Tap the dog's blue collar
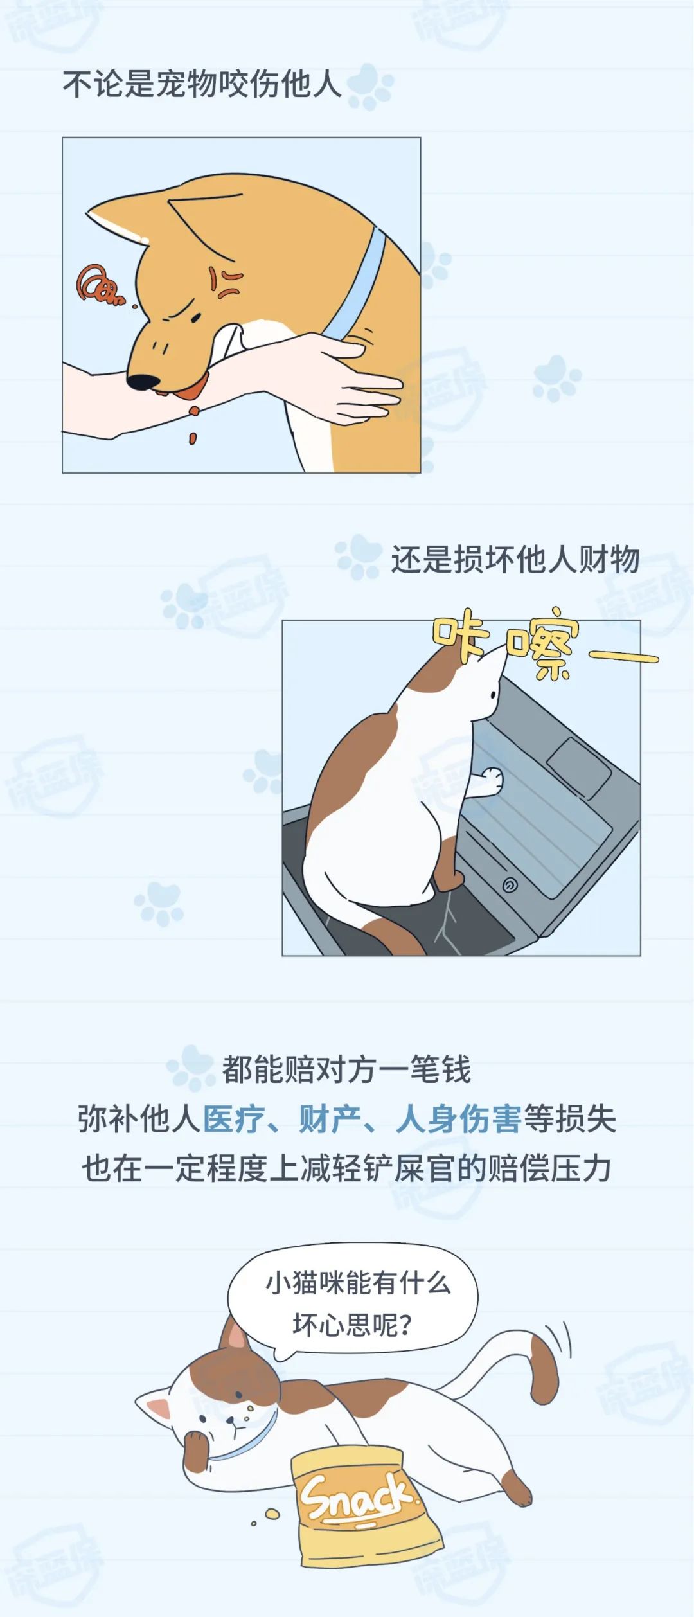[357, 283]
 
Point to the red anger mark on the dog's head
[224, 282]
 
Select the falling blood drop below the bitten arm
[192, 438]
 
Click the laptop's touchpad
[579, 768]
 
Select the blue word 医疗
[235, 1119]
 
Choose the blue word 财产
[330, 1119]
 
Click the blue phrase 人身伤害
[458, 1119]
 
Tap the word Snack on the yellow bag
[355, 1496]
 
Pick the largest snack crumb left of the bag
[272, 1513]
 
